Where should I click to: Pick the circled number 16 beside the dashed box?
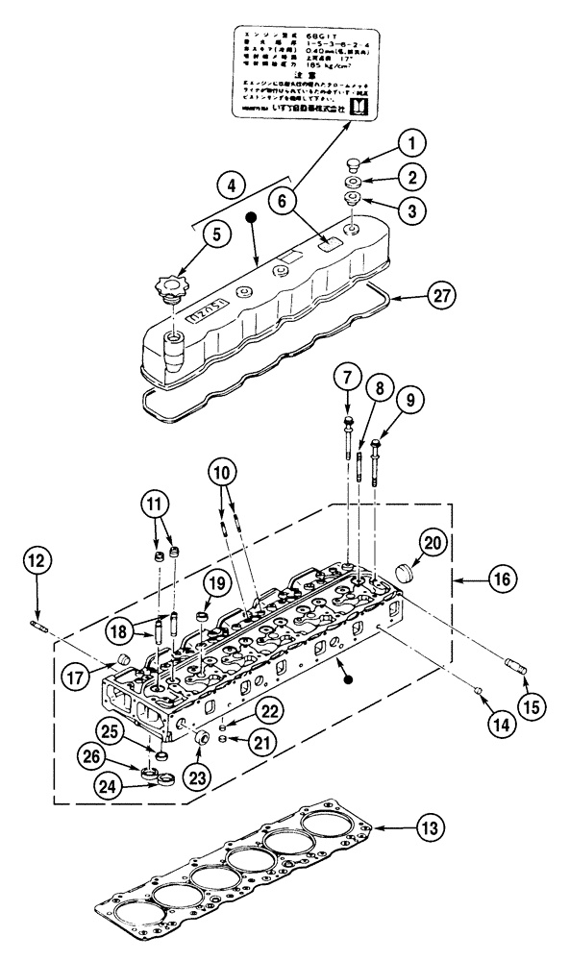pyautogui.click(x=505, y=580)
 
